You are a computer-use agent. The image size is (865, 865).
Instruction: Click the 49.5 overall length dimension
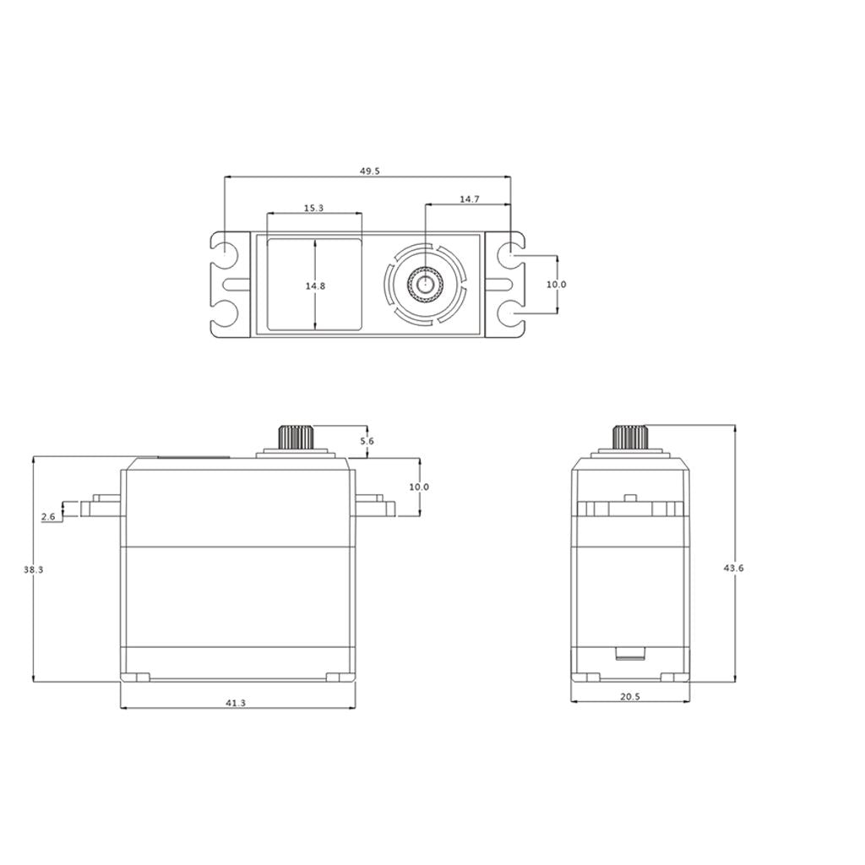pos(370,171)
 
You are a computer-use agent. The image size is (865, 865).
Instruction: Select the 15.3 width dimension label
pos(313,208)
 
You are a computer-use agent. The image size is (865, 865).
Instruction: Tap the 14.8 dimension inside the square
pos(315,286)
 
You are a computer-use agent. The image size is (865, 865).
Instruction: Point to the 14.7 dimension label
pos(470,199)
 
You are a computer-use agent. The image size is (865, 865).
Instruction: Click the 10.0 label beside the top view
pos(556,285)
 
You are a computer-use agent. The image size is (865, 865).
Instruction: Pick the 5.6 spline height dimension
pos(367,442)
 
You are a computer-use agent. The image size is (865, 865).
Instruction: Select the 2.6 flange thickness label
pos(47,516)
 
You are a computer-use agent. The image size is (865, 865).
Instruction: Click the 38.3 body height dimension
pos(33,570)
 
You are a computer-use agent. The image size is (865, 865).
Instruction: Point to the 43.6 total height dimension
pos(733,569)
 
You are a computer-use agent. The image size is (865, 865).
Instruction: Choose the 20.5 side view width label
pos(629,697)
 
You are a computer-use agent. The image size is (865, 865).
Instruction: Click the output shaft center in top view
pos(424,285)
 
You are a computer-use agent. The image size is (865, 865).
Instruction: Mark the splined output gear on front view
pos(296,438)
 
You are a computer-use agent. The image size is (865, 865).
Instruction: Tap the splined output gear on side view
pos(629,438)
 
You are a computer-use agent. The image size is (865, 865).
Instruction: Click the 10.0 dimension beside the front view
pos(419,487)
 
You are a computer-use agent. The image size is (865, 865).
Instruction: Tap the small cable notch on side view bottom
pos(629,652)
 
